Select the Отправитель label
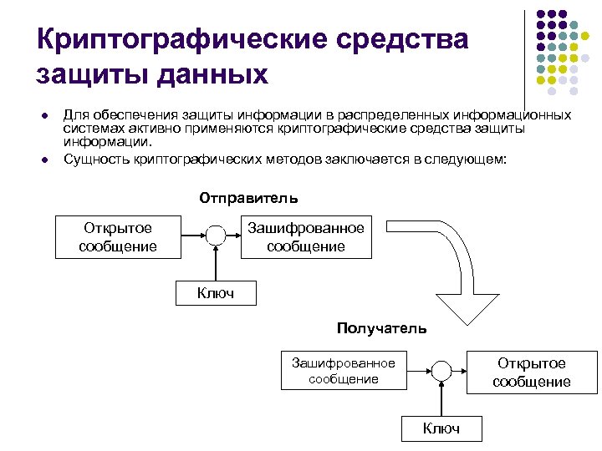click(248, 199)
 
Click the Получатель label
click(381, 328)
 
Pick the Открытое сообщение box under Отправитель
click(118, 236)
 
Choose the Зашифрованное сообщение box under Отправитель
click(306, 236)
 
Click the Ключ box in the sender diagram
click(216, 292)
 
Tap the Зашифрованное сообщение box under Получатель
click(343, 370)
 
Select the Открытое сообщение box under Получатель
click(532, 372)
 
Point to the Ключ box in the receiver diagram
click(441, 428)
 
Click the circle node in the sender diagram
click(216, 236)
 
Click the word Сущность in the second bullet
click(95, 159)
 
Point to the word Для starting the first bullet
click(74, 114)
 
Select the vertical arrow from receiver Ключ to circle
click(441, 399)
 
